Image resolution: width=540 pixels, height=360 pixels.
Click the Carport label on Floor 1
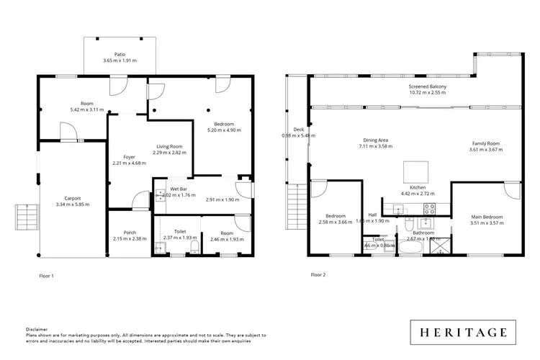point(72,198)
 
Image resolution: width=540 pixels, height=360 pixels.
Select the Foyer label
point(129,156)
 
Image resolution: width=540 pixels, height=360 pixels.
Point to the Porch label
point(130,233)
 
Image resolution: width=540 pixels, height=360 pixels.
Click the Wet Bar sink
point(159,194)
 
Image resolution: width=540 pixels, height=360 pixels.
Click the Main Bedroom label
point(487,217)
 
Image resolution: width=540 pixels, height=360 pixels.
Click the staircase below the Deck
point(294,194)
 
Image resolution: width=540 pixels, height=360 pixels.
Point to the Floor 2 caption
point(318,275)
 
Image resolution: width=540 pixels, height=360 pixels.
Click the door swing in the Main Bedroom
point(512,190)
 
